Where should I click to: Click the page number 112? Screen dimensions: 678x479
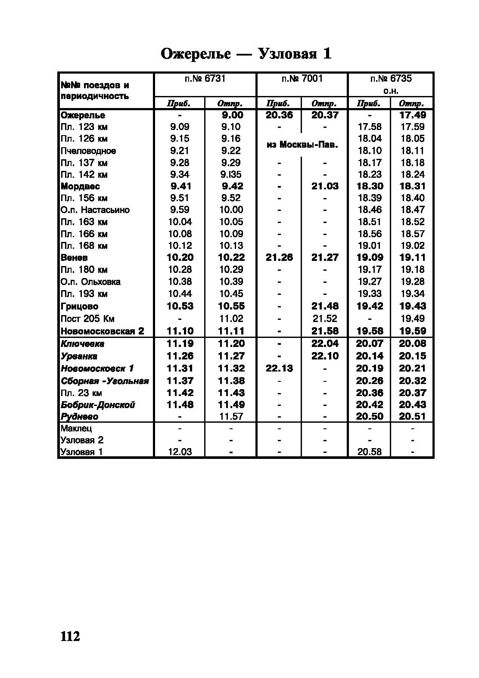(x=70, y=636)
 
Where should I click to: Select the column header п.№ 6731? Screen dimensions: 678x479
(x=205, y=79)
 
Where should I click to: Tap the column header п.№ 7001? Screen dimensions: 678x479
(x=302, y=79)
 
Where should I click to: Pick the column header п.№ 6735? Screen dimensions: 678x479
(x=391, y=79)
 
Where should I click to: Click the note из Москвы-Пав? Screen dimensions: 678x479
(x=302, y=145)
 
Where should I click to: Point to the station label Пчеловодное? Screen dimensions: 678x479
(x=88, y=151)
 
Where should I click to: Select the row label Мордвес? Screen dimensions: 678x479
(x=81, y=186)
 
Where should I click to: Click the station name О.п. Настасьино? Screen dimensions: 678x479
(x=95, y=210)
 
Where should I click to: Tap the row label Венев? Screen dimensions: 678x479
(x=75, y=258)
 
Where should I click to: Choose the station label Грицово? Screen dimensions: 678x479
(x=80, y=306)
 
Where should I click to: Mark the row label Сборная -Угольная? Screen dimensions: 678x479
(x=105, y=381)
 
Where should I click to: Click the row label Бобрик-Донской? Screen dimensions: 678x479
(x=98, y=405)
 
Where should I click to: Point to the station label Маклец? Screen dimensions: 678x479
(x=76, y=429)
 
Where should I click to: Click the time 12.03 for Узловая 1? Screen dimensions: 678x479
(x=180, y=452)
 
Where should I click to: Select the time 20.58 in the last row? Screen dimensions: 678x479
(x=370, y=452)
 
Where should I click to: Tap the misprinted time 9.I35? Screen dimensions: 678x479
(x=231, y=175)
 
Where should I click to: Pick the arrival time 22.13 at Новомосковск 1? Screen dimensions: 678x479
(x=279, y=368)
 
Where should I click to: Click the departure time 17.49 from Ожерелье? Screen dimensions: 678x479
(x=412, y=115)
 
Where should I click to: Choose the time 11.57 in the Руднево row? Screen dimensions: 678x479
(x=231, y=417)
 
